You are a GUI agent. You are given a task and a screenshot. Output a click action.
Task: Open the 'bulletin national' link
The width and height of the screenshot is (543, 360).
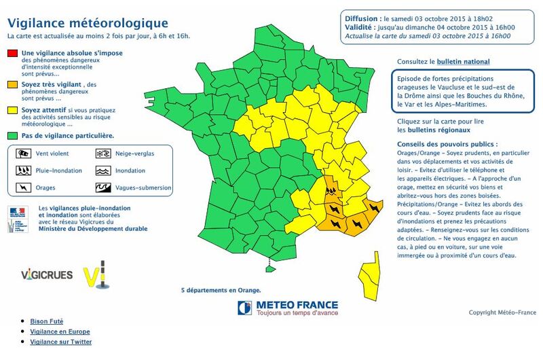pos(464,62)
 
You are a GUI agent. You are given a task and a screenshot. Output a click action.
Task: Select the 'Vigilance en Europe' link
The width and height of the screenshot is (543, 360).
pos(60,331)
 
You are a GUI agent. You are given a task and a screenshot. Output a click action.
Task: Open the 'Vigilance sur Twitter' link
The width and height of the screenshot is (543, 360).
pos(60,342)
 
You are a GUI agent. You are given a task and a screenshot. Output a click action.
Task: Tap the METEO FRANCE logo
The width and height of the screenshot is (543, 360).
pos(288,308)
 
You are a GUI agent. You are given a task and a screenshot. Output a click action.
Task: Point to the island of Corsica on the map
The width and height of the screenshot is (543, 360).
pos(371,276)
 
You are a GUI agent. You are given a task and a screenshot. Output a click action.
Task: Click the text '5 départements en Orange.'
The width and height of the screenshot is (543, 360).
pos(221,290)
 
